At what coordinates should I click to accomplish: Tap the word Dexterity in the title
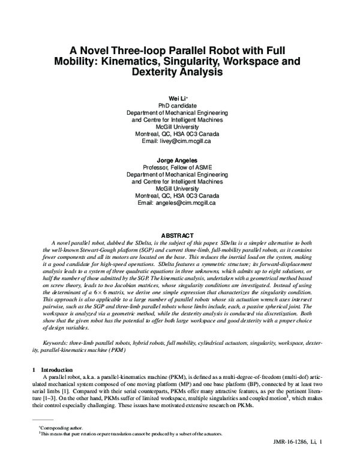(165, 72)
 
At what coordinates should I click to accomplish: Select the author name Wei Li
(178, 97)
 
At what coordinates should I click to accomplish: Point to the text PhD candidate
(178, 104)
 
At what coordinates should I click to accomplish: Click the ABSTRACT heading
(179, 234)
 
